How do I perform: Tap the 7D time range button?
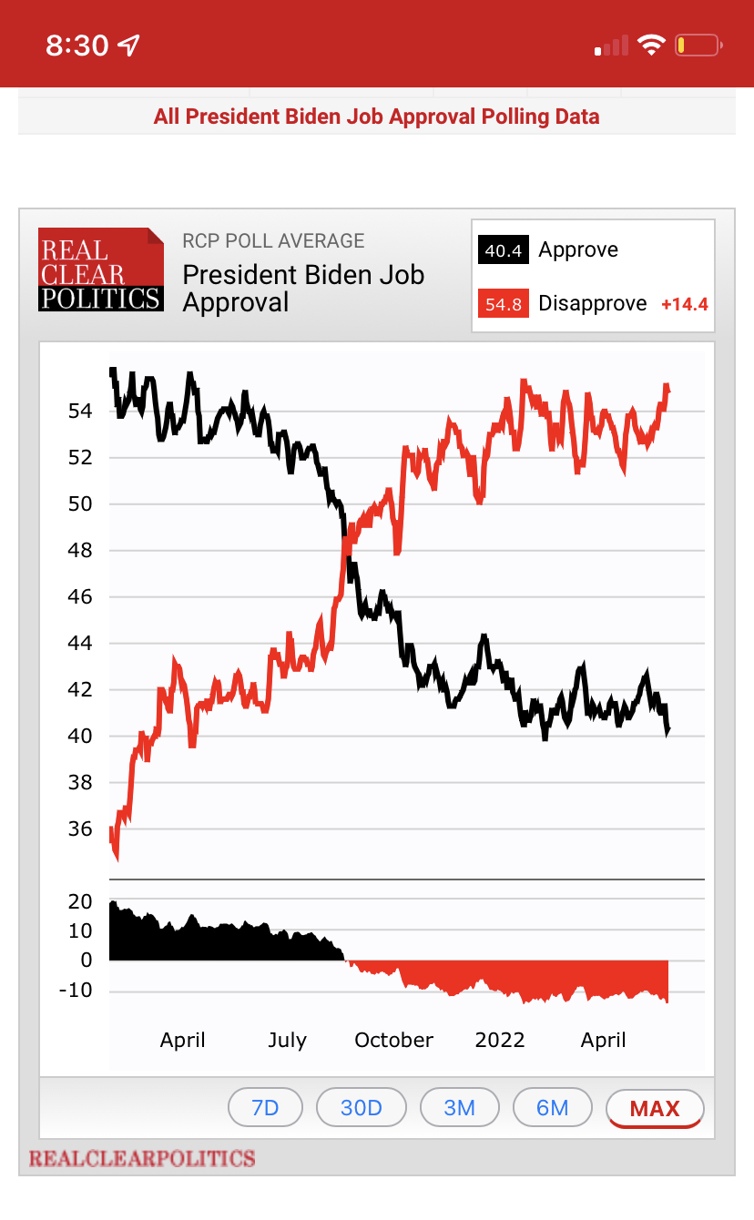coord(265,1108)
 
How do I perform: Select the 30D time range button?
coord(362,1108)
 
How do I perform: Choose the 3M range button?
coord(460,1108)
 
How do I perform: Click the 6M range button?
coord(553,1108)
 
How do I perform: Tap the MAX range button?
coord(655,1108)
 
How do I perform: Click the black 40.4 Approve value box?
coord(503,250)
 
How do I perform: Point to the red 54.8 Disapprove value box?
coord(503,304)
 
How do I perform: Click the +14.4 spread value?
coord(684,304)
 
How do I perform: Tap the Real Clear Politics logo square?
coord(101,269)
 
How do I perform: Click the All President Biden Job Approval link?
coord(376,117)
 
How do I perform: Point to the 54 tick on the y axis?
coord(80,412)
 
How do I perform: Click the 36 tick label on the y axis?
coord(80,829)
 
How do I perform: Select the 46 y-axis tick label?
coord(80,597)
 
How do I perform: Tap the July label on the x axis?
coord(287,1040)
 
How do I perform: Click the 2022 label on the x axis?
coord(500,1040)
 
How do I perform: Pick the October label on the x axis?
coord(394,1040)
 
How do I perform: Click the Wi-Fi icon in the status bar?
coord(651,45)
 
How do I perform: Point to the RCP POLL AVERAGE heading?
coord(273,241)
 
